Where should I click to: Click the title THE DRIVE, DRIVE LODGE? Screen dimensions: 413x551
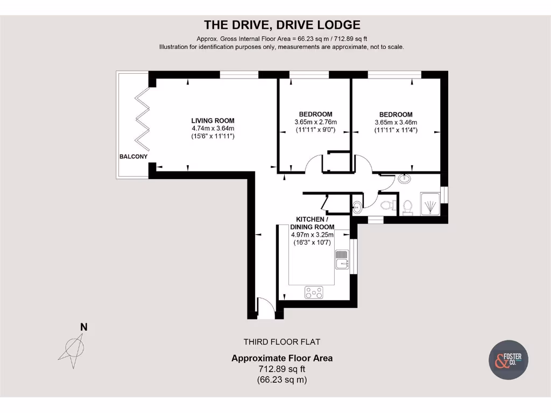[x=281, y=25]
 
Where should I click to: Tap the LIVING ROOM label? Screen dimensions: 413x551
[x=213, y=121]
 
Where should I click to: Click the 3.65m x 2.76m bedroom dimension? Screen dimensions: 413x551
[x=315, y=122]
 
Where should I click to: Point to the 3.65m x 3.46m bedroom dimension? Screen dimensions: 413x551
[x=395, y=122]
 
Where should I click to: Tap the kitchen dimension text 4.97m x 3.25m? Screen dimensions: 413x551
[x=312, y=234]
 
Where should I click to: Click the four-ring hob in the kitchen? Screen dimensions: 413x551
[x=314, y=292]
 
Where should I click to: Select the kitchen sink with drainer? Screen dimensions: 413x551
[x=342, y=259]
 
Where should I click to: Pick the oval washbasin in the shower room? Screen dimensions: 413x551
[x=405, y=180]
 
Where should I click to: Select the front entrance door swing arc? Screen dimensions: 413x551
[x=265, y=308]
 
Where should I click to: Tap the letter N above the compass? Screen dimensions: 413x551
[x=83, y=326]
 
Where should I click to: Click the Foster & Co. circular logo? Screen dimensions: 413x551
[x=508, y=359]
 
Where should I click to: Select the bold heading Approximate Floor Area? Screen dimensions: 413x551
[x=282, y=358]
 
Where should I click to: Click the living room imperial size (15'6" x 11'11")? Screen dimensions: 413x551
[x=213, y=137]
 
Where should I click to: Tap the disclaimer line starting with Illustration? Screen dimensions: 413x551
[x=281, y=47]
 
